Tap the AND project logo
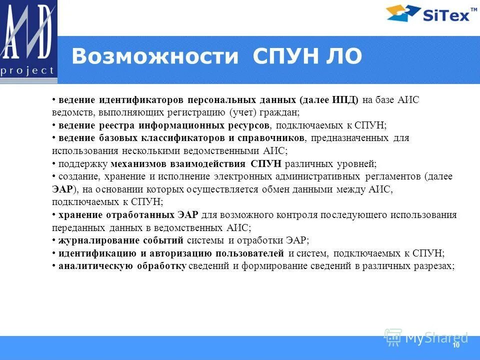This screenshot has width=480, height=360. click(28, 41)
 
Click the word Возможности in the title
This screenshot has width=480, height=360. click(154, 57)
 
